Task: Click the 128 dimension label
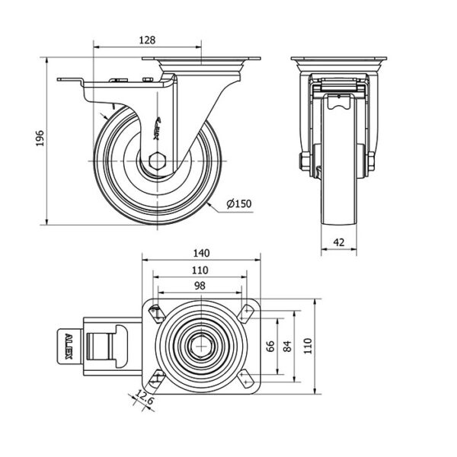(x=148, y=40)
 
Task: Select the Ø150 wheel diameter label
(x=240, y=204)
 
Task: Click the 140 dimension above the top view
(x=201, y=253)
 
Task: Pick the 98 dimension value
(x=201, y=285)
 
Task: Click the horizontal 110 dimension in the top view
(x=201, y=270)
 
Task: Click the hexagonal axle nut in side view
(x=158, y=161)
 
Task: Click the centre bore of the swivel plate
(x=201, y=346)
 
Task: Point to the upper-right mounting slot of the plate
(x=248, y=312)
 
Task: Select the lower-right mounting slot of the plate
(x=248, y=379)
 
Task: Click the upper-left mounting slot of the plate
(x=155, y=312)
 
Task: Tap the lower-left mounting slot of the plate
(x=155, y=379)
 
